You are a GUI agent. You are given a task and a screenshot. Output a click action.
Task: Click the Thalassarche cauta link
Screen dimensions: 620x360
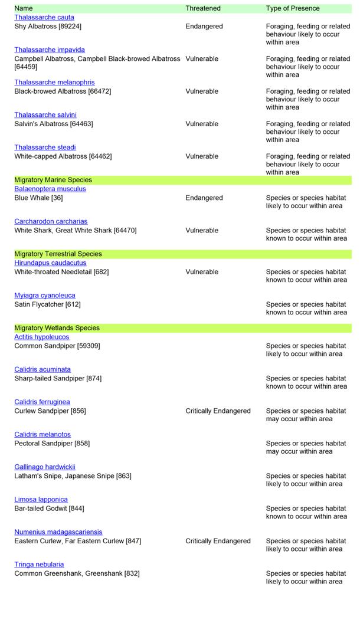click(44, 18)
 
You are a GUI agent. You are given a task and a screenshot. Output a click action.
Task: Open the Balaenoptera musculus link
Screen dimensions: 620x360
click(50, 189)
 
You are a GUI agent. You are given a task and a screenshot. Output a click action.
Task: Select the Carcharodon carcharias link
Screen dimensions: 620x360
click(51, 222)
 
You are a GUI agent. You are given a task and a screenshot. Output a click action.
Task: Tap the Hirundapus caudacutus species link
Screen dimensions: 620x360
click(50, 263)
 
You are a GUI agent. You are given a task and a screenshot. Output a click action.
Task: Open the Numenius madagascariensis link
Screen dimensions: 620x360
click(58, 532)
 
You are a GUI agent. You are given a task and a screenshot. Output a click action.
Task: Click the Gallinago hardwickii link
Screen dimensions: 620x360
click(45, 467)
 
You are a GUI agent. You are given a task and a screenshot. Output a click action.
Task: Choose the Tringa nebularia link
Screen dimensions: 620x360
click(39, 565)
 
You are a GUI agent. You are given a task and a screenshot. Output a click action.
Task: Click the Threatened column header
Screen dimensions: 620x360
click(203, 9)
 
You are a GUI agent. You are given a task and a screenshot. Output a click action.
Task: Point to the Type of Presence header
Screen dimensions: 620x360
click(293, 9)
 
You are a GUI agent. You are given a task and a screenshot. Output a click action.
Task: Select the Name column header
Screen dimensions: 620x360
click(24, 9)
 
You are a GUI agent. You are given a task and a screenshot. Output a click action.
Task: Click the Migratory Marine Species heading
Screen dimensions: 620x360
click(53, 180)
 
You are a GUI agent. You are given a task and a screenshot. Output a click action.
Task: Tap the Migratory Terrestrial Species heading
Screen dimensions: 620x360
click(58, 254)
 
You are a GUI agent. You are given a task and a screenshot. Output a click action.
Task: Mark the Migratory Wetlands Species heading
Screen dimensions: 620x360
click(57, 328)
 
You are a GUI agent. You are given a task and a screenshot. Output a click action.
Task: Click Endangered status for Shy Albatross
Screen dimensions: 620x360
click(204, 27)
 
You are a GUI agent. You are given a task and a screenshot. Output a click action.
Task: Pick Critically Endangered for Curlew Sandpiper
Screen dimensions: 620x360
click(218, 411)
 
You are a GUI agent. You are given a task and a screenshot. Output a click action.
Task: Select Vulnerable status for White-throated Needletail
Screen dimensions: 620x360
click(202, 272)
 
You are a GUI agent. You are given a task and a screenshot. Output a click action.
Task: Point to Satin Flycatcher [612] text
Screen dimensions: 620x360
click(47, 304)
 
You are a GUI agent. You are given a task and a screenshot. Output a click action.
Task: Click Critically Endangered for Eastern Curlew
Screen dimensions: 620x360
click(218, 541)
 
